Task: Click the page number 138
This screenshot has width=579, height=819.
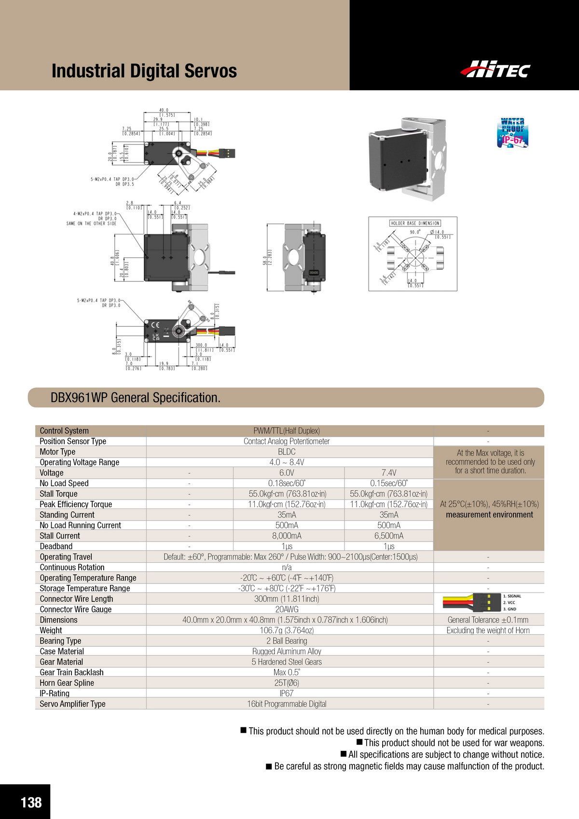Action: click(31, 802)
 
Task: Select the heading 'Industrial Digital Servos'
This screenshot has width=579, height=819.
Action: click(144, 71)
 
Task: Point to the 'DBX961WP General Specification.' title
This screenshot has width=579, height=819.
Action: click(136, 398)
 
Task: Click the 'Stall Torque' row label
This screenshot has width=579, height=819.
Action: click(58, 494)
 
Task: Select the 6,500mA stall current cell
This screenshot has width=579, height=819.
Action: click(389, 536)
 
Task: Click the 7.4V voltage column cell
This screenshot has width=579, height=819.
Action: click(389, 472)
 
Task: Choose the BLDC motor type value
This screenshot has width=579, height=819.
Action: click(287, 452)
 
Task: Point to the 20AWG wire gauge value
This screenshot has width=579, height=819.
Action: click(287, 609)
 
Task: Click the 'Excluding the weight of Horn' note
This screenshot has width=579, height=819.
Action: click(488, 630)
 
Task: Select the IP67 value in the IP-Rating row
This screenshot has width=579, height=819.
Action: click(287, 693)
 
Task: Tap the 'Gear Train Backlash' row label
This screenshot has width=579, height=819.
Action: click(71, 672)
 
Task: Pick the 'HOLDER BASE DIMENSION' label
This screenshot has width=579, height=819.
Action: click(414, 223)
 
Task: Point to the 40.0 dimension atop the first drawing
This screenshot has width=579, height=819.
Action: click(164, 110)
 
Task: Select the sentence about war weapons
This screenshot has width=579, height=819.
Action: click(454, 743)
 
